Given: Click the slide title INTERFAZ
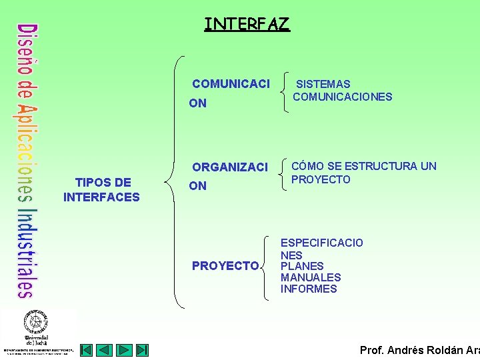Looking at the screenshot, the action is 247,25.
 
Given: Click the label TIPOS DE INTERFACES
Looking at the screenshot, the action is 101,190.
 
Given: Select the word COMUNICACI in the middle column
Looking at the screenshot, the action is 231,84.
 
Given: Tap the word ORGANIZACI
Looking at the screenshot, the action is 229,167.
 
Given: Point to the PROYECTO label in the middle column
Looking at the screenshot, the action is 225,266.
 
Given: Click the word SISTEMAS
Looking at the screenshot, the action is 323,84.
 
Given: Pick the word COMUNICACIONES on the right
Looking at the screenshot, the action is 343,97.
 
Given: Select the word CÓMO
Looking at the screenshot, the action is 307,166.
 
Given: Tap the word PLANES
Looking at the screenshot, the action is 301,266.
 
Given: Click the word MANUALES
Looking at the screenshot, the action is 311,277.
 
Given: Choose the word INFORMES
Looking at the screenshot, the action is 309,289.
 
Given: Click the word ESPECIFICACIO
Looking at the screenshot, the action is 321,243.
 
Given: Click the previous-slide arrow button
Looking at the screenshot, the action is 105,350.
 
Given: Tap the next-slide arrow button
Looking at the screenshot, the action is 124,350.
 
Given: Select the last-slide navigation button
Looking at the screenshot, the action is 143,350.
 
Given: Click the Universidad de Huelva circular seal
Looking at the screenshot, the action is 37,322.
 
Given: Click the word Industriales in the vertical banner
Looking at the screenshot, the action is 25,253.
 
